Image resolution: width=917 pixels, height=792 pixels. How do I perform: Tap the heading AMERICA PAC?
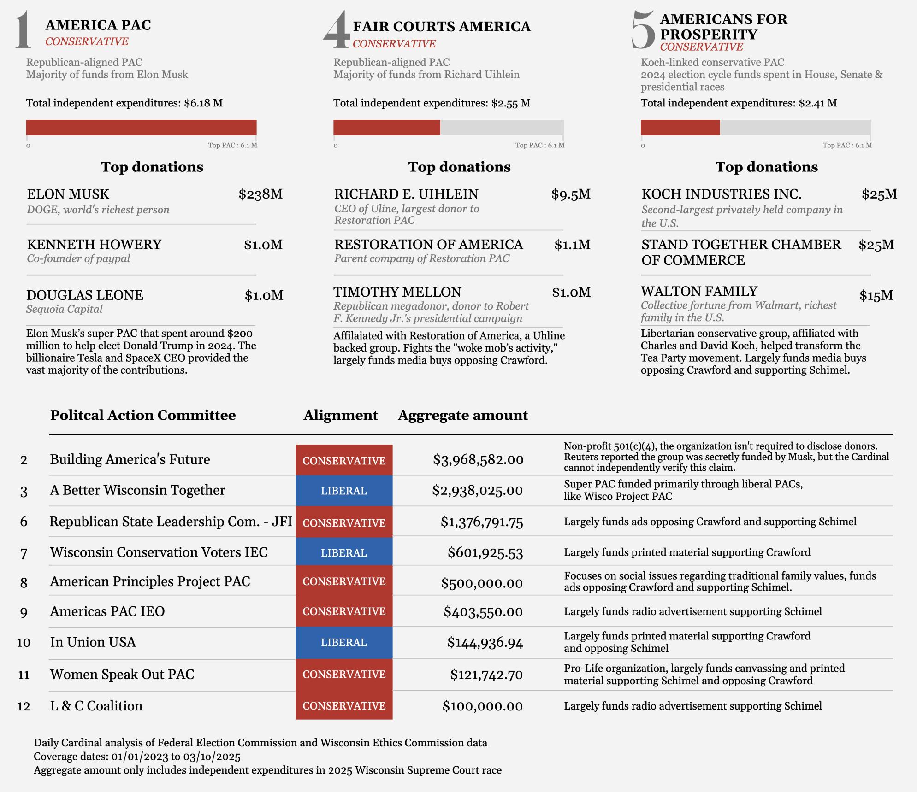click(x=98, y=25)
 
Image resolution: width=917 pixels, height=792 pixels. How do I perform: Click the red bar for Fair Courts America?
click(x=386, y=128)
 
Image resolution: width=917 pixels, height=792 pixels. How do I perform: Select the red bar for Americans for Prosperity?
click(x=680, y=128)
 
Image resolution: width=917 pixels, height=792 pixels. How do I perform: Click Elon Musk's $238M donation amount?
click(x=260, y=194)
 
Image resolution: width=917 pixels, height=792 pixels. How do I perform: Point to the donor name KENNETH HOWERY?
click(x=94, y=245)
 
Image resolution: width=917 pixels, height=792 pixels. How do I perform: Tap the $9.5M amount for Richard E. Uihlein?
click(x=571, y=194)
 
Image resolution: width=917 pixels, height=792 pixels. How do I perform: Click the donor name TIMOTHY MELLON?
click(x=397, y=292)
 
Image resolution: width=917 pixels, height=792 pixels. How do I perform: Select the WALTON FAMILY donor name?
click(x=699, y=291)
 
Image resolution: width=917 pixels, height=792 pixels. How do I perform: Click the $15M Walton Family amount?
click(x=876, y=295)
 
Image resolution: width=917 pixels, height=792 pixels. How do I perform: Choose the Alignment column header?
click(x=340, y=415)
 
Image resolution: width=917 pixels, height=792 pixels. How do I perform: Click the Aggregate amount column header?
click(x=463, y=415)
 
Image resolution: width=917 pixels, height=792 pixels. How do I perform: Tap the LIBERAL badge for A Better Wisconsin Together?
click(x=344, y=491)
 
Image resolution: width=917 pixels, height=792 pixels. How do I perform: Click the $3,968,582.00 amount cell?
click(x=478, y=460)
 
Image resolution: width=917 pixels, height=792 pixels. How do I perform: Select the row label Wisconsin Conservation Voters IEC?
click(x=159, y=552)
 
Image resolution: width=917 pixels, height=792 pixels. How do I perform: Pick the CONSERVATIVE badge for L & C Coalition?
click(x=344, y=706)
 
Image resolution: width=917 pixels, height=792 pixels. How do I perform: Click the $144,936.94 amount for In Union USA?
click(x=485, y=643)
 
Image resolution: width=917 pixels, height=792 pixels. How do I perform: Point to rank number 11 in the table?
click(x=24, y=675)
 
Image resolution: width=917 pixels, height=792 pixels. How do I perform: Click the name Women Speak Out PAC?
click(x=122, y=675)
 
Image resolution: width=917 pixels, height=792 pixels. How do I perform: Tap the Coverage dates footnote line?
click(x=137, y=757)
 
